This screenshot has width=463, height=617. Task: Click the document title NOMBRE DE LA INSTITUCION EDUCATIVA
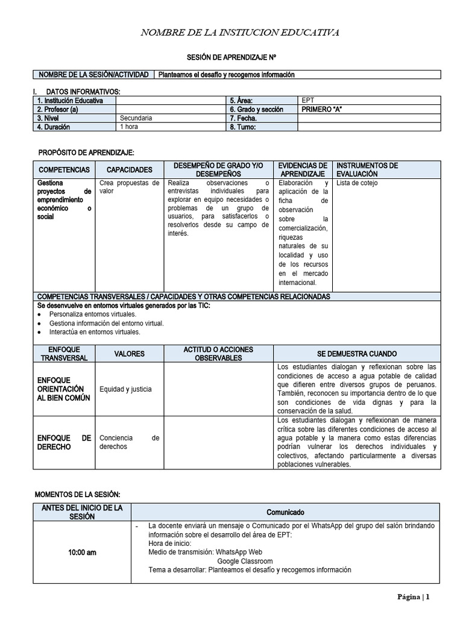[239, 32]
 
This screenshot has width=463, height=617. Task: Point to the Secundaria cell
[136, 118]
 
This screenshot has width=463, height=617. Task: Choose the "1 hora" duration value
[128, 127]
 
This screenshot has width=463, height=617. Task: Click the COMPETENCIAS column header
[64, 170]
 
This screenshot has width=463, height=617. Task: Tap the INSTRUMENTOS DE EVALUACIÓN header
[367, 169]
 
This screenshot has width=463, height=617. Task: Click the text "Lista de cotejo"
[357, 183]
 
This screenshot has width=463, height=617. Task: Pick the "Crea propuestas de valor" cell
[129, 187]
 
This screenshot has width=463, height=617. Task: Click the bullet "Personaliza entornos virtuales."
[93, 314]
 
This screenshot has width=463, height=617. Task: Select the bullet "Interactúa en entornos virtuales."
[95, 331]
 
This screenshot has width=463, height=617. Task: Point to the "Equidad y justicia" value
[125, 389]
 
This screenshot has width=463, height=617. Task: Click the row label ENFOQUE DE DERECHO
[64, 443]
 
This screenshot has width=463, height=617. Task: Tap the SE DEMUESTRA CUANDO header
[357, 354]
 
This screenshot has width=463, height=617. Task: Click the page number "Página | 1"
[413, 597]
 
